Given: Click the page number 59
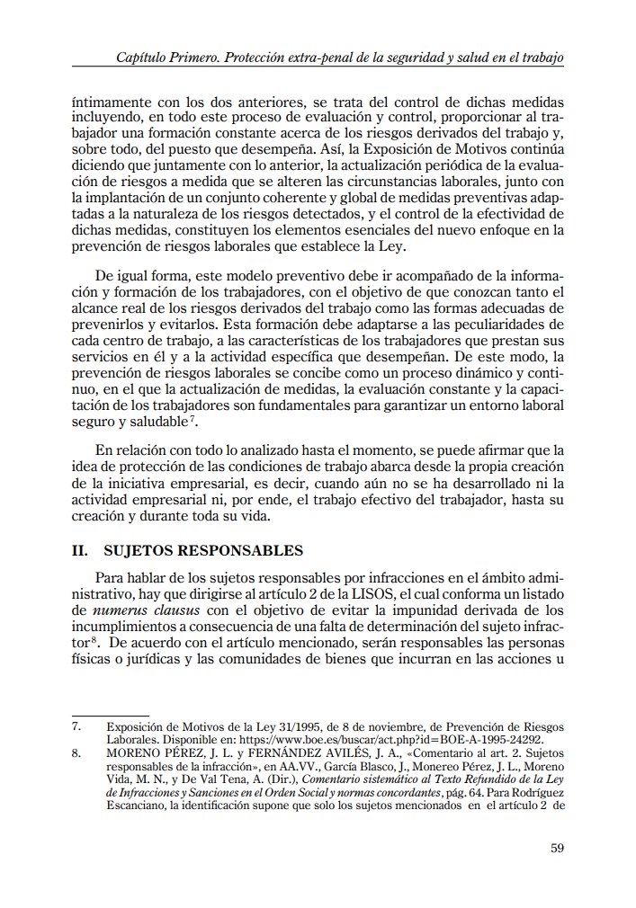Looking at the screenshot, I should pos(556,847).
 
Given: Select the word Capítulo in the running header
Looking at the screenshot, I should pos(144,58).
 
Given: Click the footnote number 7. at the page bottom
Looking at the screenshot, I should pos(77,726).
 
